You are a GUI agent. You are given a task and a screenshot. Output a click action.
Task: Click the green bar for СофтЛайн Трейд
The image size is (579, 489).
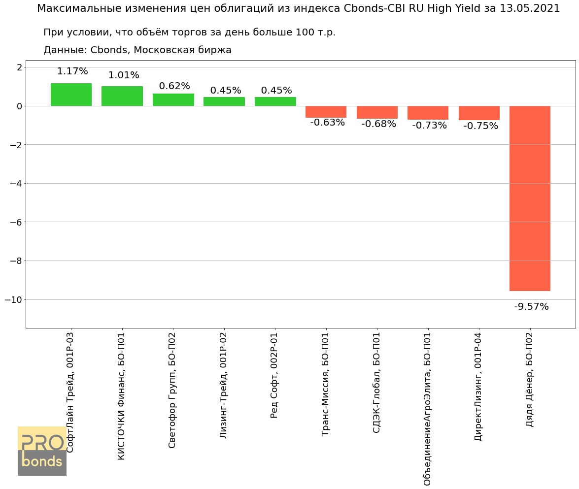coord(71,95)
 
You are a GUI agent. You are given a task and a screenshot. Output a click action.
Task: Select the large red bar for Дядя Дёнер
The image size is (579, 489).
coord(530,198)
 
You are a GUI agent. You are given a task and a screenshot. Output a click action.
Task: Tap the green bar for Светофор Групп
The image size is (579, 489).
coord(173,100)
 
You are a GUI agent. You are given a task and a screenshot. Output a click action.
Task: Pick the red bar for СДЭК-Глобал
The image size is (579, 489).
coord(377,112)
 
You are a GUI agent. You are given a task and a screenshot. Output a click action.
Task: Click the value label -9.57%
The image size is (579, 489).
coord(531,307)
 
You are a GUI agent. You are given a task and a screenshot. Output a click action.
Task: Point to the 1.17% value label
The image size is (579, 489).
coord(72,71)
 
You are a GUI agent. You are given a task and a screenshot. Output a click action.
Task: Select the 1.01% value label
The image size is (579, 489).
coord(124,75)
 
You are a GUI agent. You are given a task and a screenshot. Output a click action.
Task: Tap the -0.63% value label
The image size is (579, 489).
coord(327,123)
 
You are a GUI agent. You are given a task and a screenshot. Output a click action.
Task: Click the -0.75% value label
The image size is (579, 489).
coord(480,126)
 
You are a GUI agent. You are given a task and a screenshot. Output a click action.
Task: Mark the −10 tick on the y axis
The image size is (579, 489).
coord(14,300)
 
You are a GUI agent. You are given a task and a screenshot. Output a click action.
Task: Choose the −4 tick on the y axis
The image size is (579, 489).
coord(16,184)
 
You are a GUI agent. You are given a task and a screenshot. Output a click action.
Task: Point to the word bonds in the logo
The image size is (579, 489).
coord(42,462)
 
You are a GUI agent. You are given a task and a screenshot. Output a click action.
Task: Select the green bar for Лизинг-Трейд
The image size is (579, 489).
coord(224,101)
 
